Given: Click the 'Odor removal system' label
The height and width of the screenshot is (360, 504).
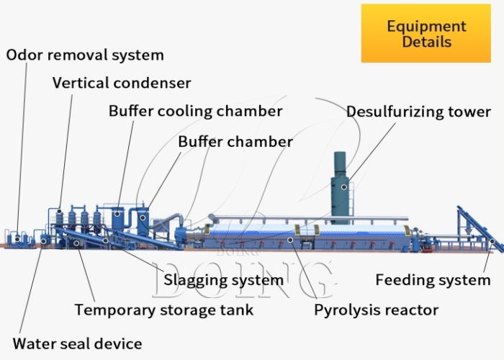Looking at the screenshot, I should point(85,55).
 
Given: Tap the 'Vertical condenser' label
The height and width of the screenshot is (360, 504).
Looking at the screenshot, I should point(122,83).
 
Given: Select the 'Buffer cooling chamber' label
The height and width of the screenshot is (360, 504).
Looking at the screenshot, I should point(195,111).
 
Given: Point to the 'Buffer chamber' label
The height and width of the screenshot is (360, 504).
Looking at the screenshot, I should point(235,141).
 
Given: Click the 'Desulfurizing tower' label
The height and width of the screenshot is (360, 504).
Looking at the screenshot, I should point(418,112).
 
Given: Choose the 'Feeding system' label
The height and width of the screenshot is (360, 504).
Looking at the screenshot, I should point(433,280).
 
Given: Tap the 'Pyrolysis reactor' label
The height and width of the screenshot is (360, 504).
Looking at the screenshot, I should point(376,310).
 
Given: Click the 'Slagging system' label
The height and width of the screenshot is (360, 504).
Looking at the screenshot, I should point(224,280).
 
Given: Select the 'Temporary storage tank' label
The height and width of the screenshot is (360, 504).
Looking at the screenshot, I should point(164,310).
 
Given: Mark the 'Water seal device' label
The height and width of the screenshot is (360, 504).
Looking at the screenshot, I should point(77,343).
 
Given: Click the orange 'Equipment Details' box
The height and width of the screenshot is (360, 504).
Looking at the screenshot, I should point(426,33).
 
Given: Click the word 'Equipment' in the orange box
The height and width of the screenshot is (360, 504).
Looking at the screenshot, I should point(426,26).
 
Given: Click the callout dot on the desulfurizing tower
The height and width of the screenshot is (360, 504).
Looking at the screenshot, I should point(344,186).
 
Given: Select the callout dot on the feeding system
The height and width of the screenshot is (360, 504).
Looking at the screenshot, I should point(492,242).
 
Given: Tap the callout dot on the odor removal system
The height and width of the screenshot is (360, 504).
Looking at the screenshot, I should point(16,238).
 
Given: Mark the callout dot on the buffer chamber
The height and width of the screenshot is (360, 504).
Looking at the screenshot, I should point(143,216).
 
